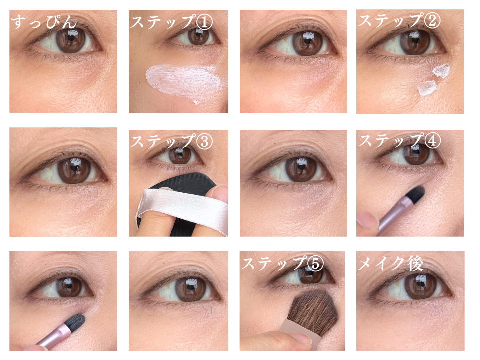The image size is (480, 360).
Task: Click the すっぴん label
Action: pyautogui.click(x=44, y=22)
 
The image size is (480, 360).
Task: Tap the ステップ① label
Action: pyautogui.click(x=171, y=22)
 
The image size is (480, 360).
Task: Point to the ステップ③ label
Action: pyautogui.click(x=171, y=141)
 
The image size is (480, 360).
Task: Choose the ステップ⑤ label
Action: pyautogui.click(x=282, y=263)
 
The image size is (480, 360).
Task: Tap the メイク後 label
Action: pyautogui.click(x=391, y=263)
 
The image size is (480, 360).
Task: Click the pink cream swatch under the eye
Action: pyautogui.click(x=186, y=82)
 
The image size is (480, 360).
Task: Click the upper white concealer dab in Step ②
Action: pyautogui.click(x=441, y=70)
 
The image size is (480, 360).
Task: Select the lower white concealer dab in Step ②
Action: pyautogui.click(x=427, y=88)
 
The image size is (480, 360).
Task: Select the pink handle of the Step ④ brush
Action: pyautogui.click(x=393, y=215)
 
